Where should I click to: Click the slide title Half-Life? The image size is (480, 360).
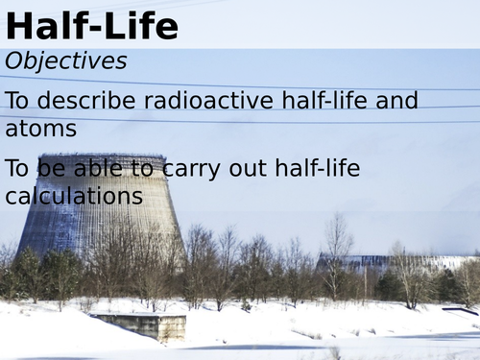coord(91,26)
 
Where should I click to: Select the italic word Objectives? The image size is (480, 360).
coord(66,61)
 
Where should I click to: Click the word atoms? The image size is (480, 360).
coord(41,128)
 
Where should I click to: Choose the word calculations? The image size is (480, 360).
coord(74,197)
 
